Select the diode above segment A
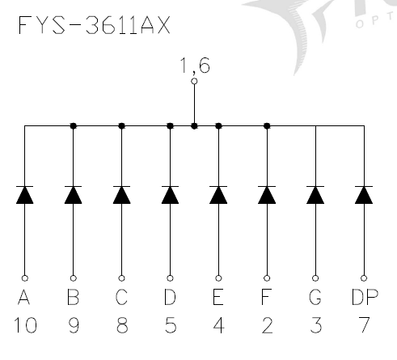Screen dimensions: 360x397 [24, 195]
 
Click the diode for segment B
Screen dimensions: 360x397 [73, 195]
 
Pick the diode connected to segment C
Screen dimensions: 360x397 [121, 195]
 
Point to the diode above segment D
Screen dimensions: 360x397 [170, 195]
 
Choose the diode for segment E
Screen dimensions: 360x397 [218, 195]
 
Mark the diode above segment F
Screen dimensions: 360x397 [267, 195]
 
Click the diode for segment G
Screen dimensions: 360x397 [315, 195]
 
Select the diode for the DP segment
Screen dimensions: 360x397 [364, 195]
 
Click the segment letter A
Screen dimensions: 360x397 [24, 299]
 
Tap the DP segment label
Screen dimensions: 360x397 [364, 299]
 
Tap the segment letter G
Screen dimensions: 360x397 [315, 299]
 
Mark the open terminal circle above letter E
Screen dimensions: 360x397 [218, 277]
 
